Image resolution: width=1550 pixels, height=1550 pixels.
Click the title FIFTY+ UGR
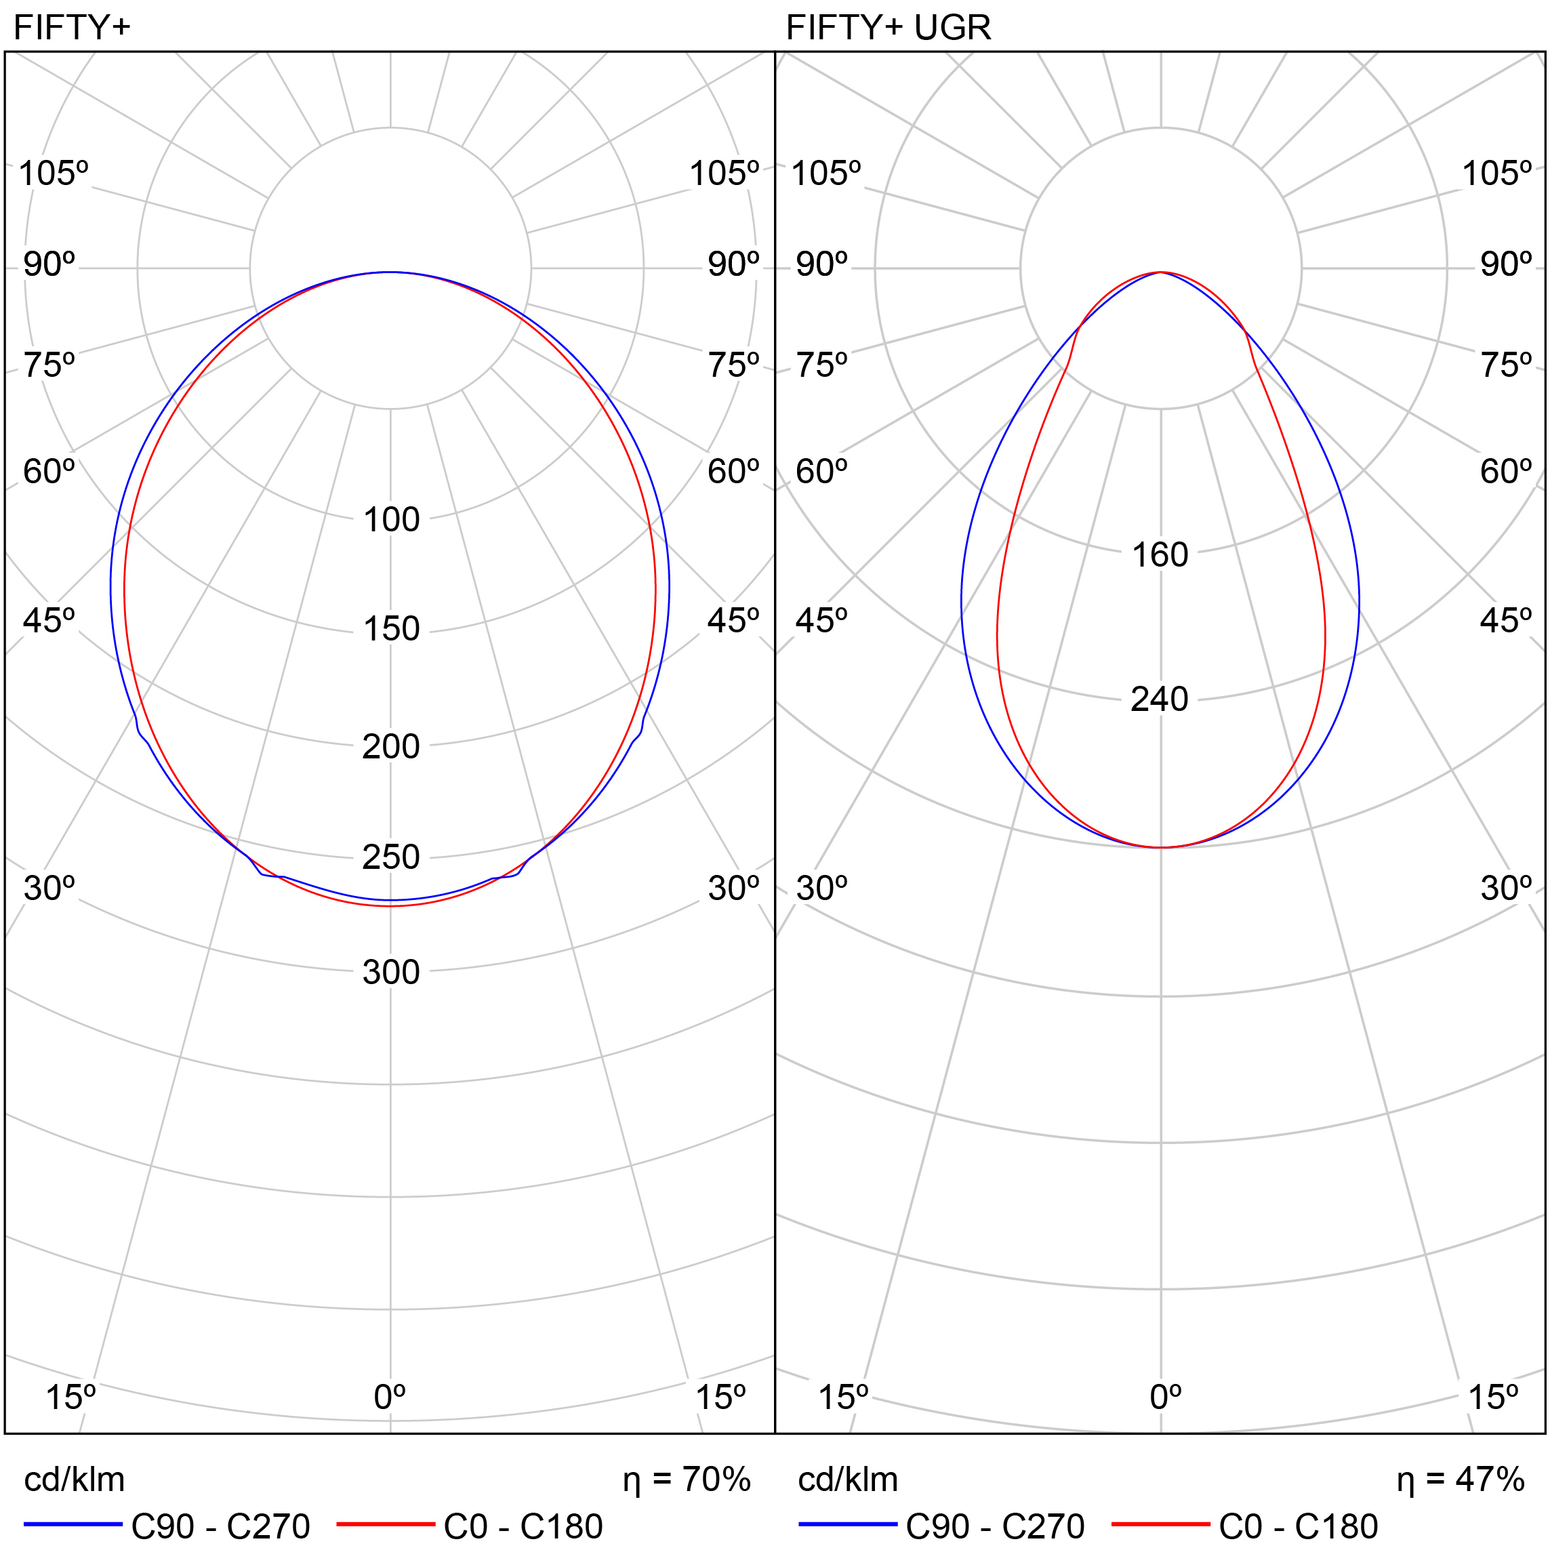888,28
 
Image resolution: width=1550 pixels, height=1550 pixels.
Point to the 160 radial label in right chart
1160,555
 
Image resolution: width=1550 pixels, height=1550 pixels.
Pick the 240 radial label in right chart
1160,699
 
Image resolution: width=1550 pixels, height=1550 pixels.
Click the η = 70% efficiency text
687,1480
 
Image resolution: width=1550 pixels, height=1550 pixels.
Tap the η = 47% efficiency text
1460,1480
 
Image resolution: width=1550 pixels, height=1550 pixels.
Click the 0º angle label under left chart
390,1398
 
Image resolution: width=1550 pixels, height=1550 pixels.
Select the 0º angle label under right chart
1166,1398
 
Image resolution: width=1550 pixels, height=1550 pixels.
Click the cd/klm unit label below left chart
75,1480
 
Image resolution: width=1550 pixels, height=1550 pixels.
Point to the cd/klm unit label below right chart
848,1480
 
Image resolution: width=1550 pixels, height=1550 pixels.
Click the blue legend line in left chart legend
73,1524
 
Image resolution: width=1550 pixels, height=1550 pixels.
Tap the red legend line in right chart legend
1161,1524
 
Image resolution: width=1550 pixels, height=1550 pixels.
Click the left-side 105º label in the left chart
53,174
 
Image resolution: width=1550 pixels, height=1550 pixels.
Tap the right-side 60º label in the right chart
1506,472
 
